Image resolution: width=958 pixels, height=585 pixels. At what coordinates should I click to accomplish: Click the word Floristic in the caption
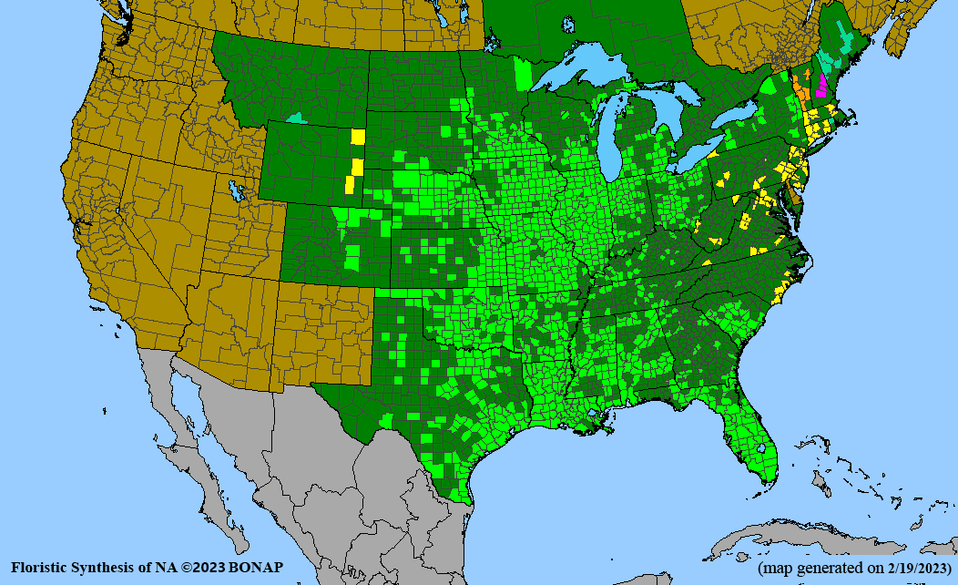pos(40,568)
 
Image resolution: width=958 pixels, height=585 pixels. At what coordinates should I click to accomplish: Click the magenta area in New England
pos(821,86)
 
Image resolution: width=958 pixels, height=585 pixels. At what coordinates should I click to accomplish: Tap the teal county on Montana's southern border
pos(297,118)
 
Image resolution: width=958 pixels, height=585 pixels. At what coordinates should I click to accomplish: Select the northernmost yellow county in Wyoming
pos(357,138)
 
